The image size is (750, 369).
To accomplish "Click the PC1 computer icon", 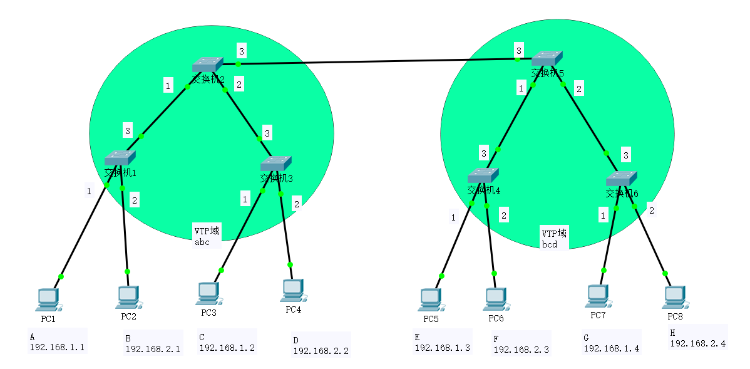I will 48,300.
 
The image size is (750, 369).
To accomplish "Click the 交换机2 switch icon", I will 207,65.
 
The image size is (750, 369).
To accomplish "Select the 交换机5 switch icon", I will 547,58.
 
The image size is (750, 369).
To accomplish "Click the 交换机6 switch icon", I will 621,178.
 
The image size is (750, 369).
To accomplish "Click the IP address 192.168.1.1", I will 57,347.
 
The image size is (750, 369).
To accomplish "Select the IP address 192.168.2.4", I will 698,343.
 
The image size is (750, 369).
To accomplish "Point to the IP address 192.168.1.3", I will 442,348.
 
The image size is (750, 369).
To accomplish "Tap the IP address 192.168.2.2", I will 321,351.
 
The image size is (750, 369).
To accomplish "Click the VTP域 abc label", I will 207,237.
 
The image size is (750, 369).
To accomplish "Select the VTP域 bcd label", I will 554,239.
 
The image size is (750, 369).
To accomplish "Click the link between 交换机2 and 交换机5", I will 376,62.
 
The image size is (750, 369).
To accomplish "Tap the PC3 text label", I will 208,312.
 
